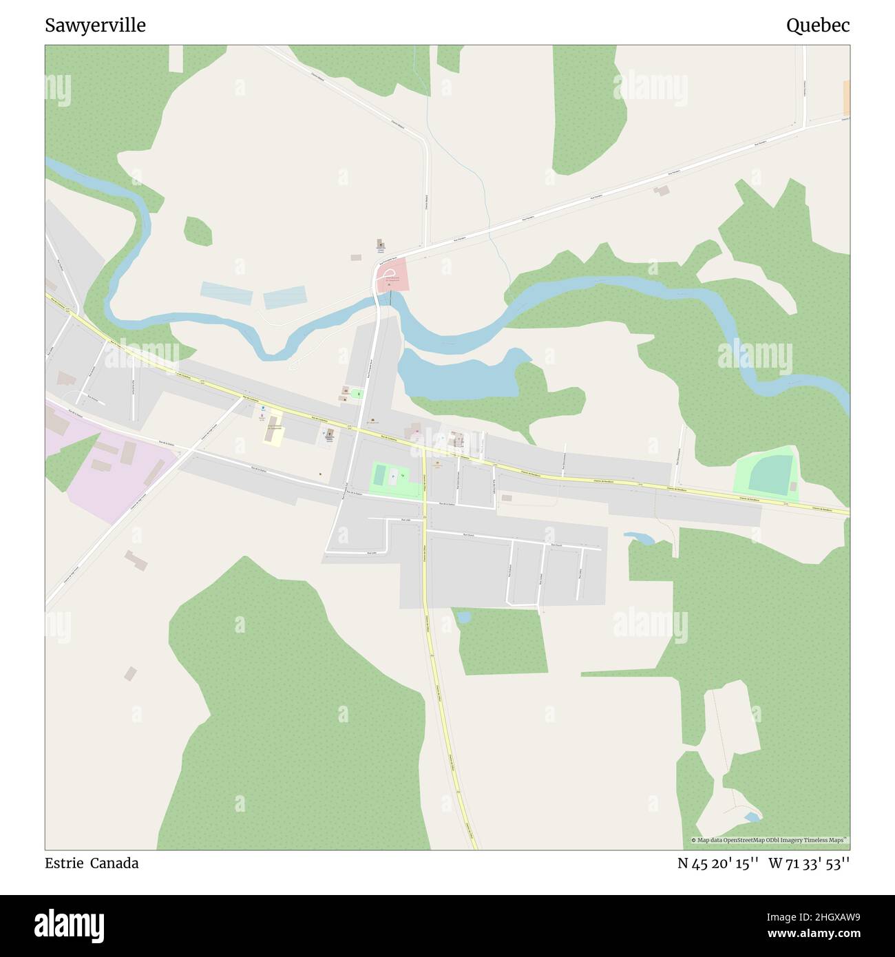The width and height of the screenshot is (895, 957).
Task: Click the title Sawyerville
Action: click(95, 26)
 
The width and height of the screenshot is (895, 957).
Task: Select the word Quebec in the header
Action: click(818, 26)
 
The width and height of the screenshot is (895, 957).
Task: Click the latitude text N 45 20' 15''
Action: click(718, 863)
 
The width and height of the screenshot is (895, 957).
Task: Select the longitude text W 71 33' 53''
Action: click(809, 863)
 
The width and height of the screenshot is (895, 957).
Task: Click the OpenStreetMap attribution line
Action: click(770, 840)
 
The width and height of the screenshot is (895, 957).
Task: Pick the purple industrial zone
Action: click(103, 468)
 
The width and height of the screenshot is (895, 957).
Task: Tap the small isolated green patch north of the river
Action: click(198, 231)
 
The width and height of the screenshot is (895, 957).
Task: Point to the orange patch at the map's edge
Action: click(846, 98)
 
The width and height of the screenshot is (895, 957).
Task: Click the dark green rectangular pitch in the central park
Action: click(379, 475)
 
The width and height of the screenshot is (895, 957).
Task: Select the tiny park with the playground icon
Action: click(357, 393)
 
